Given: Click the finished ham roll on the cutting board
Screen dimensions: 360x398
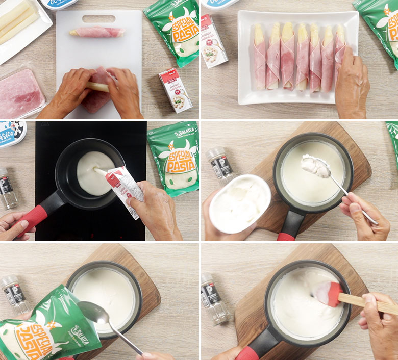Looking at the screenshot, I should [x=97, y=33].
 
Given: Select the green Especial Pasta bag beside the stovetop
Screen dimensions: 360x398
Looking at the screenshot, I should [x=173, y=158].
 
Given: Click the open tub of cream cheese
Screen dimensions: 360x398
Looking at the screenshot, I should [x=239, y=203].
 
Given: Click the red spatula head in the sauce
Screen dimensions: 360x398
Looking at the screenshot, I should [x=328, y=294].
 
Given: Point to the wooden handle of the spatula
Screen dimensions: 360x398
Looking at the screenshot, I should [x=367, y=303].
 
